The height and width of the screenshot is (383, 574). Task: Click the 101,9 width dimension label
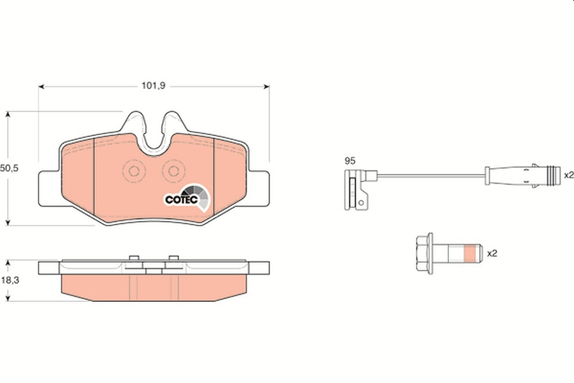(x=153, y=86)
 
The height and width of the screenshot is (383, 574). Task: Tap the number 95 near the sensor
(x=350, y=161)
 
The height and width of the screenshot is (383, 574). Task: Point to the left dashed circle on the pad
(x=134, y=171)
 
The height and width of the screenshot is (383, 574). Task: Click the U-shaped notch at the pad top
(x=154, y=139)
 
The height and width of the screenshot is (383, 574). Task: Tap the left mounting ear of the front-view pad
(x=49, y=189)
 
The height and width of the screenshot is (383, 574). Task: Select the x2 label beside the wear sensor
(x=568, y=175)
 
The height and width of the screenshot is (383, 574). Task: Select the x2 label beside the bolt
(x=492, y=254)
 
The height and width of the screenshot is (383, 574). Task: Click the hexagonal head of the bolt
(x=424, y=254)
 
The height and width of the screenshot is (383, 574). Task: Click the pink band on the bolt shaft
(x=471, y=254)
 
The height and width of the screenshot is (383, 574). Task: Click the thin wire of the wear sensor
(x=430, y=175)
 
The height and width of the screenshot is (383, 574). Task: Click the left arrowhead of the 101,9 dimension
(x=41, y=87)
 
